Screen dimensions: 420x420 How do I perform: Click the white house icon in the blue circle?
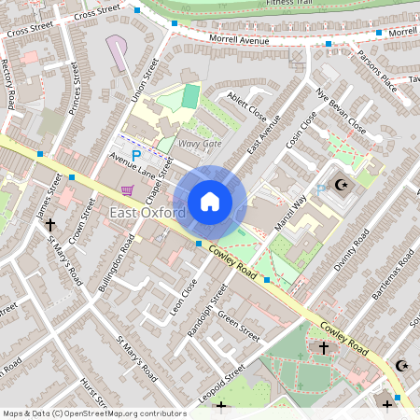(x=210, y=202)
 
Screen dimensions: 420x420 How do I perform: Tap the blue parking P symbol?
(x=136, y=156)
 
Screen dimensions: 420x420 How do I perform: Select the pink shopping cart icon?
(x=127, y=189)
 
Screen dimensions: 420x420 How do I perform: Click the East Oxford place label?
(x=147, y=214)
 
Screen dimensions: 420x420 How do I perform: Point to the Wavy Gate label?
(x=200, y=144)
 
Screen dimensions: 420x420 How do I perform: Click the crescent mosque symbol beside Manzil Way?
(x=341, y=186)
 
